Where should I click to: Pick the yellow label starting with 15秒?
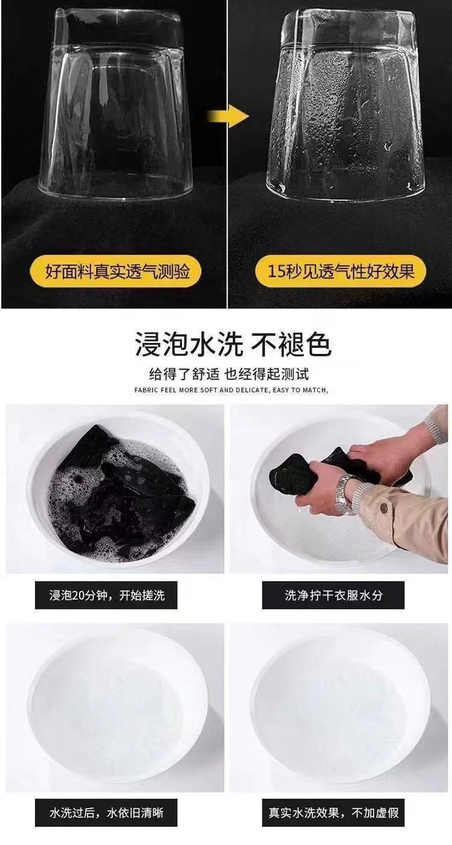tap(341, 271)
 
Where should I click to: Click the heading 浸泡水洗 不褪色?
tap(233, 345)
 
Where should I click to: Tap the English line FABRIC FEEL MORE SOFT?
tap(232, 390)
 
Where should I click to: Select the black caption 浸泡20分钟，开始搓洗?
tap(106, 596)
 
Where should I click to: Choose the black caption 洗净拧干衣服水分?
tap(333, 596)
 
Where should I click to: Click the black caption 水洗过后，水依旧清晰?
tap(106, 813)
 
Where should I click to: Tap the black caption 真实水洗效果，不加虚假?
tap(333, 813)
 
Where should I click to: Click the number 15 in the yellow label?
tap(276, 271)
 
